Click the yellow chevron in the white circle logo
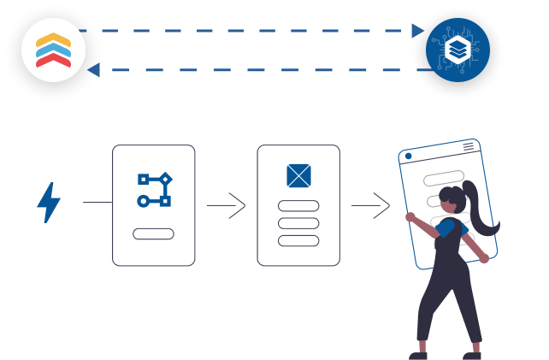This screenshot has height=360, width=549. [53, 39]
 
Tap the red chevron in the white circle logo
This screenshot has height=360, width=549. [53, 61]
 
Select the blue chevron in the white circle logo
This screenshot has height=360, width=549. [53, 50]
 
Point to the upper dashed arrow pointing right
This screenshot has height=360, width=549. [257, 31]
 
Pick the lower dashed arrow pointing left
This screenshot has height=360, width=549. [257, 69]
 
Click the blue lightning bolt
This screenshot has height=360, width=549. [48, 203]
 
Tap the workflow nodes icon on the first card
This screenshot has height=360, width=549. [154, 190]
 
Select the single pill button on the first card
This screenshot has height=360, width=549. [154, 234]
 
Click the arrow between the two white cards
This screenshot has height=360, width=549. [226, 205]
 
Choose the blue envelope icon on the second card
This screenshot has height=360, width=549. [298, 176]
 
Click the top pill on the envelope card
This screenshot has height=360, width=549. [298, 206]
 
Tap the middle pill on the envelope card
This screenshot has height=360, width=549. [298, 223]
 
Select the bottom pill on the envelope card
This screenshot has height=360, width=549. [298, 240]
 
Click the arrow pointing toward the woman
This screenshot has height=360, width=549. [370, 205]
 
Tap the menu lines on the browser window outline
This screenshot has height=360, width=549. [468, 147]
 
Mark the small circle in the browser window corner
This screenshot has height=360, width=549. [409, 156]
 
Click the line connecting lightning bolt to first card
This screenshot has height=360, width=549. [97, 204]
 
